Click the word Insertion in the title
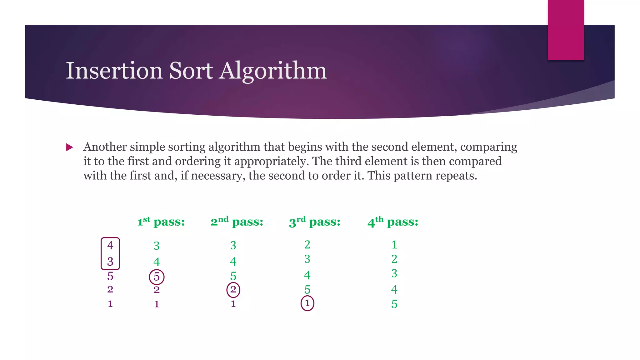click(114, 71)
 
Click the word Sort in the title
click(191, 71)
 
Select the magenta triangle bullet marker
click(70, 147)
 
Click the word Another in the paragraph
click(105, 147)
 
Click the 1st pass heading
click(161, 222)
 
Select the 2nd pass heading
click(237, 222)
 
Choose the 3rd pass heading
click(315, 222)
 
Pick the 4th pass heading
click(393, 222)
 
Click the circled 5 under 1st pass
click(157, 277)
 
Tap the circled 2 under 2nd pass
click(233, 290)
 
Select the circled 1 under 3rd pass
click(307, 303)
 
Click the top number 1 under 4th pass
click(394, 245)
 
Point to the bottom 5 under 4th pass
click(394, 304)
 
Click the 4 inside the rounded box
click(110, 246)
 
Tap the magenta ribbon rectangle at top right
click(566, 30)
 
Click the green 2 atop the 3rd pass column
click(307, 245)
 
